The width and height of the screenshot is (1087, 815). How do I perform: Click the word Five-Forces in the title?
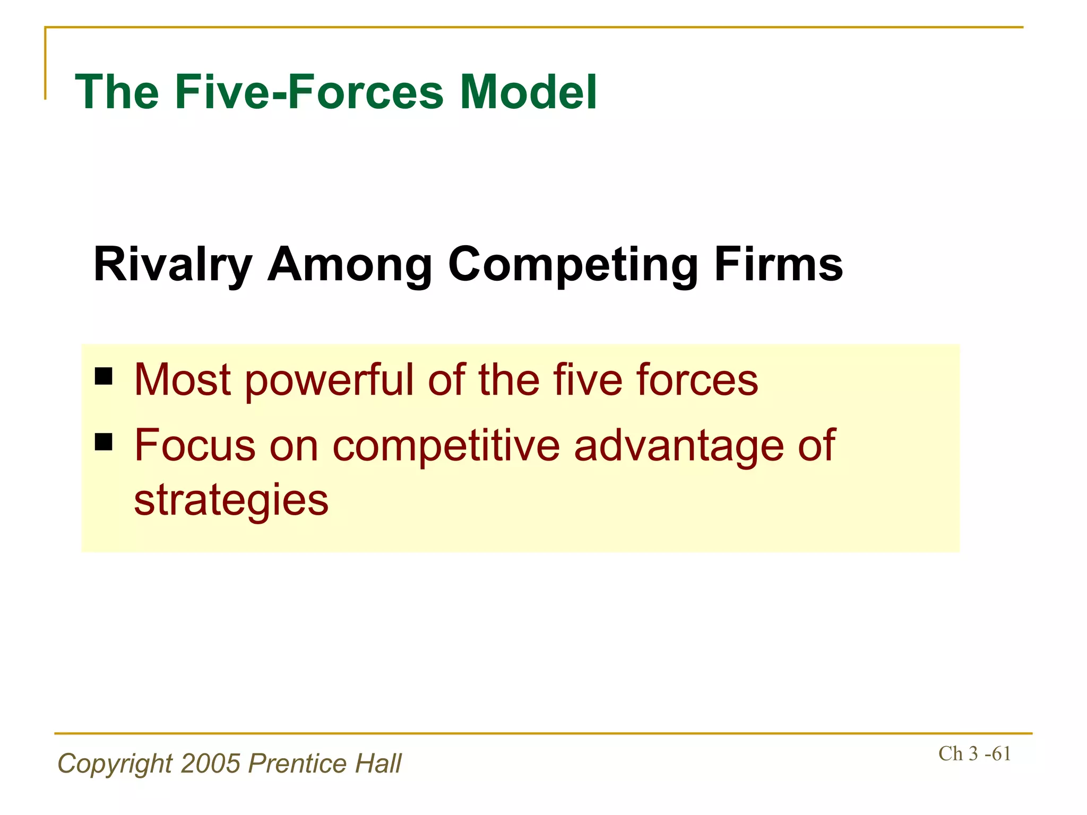point(309,92)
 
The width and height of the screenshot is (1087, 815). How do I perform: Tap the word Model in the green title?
point(528,92)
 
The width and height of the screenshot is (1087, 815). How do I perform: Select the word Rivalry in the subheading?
point(172,265)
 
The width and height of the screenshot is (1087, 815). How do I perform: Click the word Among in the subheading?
point(350,265)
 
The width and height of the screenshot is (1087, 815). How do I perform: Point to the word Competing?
point(573,265)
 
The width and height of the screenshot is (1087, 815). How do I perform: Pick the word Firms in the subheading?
point(778,265)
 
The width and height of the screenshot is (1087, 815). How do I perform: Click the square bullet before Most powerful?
point(103,376)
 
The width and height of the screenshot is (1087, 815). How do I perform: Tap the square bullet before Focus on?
point(103,441)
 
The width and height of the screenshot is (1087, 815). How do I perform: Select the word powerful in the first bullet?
point(329,380)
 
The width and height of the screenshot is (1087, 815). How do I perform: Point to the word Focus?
point(195,445)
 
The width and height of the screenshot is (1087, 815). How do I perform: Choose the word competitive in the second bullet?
point(446,445)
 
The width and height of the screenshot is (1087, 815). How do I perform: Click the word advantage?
point(678,445)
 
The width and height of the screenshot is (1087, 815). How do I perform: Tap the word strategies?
point(231,500)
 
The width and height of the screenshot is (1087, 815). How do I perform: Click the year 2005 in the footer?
point(211,764)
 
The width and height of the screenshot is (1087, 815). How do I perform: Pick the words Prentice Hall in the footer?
point(325,764)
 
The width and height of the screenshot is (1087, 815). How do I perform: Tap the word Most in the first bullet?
point(182,380)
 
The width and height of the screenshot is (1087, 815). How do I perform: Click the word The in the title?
point(117,92)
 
